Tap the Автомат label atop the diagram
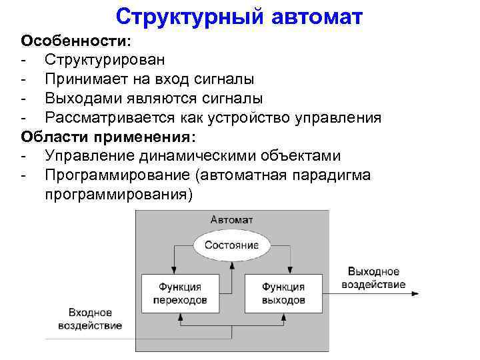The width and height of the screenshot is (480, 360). coord(231,219)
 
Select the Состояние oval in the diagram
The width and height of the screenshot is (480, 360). coord(231,245)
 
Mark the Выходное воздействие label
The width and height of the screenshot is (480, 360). coord(373,278)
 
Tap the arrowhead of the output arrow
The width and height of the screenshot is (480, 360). coord(415,294)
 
